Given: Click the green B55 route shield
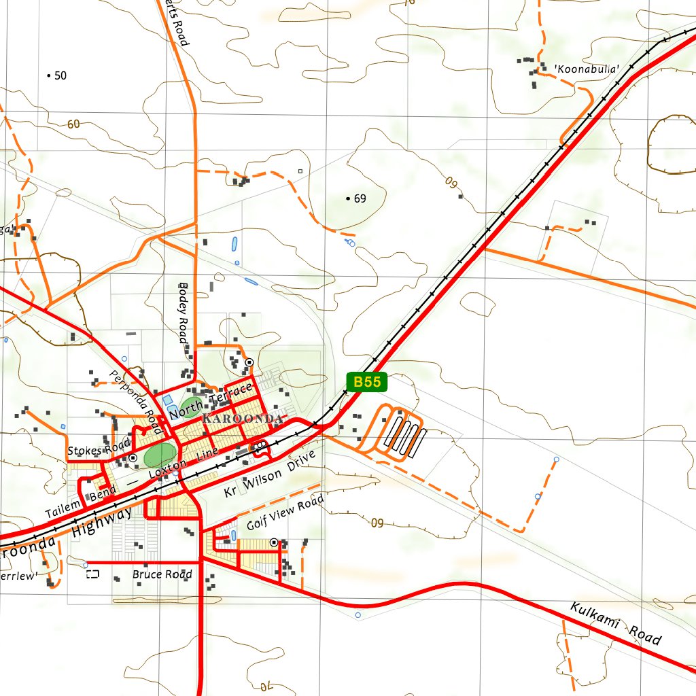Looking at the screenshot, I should pyautogui.click(x=367, y=382).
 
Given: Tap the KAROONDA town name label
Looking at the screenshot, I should pyautogui.click(x=243, y=419).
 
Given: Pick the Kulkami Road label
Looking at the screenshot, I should pyautogui.click(x=615, y=623).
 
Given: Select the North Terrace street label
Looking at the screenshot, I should pyautogui.click(x=211, y=401).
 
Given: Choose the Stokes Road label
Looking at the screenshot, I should pyautogui.click(x=99, y=449).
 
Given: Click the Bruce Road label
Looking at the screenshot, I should pyautogui.click(x=162, y=574).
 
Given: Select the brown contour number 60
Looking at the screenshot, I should pyautogui.click(x=73, y=124).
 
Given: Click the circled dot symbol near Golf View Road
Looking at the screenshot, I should pyautogui.click(x=273, y=542).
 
